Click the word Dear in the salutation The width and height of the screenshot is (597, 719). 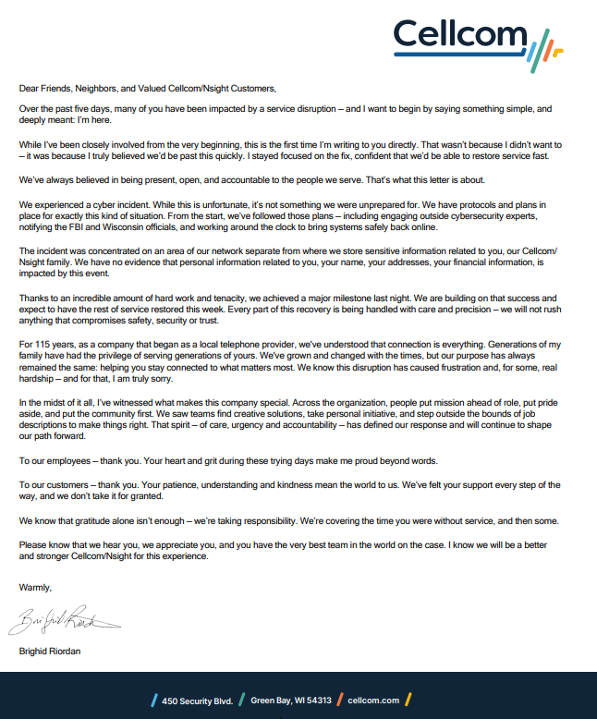(29, 89)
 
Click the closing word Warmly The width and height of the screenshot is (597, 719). (35, 587)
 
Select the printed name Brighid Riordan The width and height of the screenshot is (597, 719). (50, 652)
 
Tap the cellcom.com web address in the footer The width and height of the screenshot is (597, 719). (373, 700)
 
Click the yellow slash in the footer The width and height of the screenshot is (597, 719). (408, 700)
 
